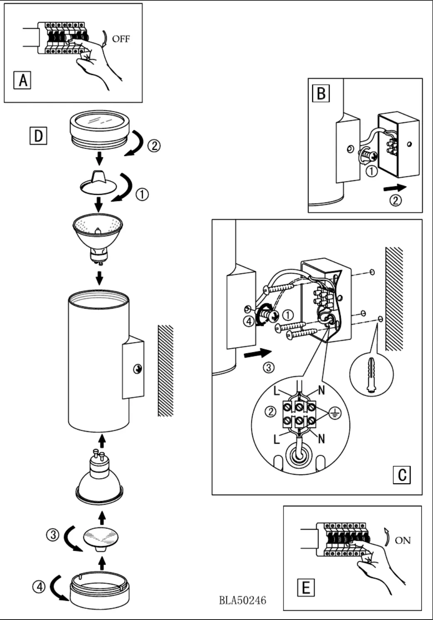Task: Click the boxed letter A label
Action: click(23, 79)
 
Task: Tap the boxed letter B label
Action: click(321, 93)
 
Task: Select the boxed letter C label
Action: click(402, 475)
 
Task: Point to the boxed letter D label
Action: click(38, 136)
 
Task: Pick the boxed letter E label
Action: click(306, 588)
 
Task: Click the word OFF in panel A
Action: click(121, 39)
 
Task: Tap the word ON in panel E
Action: click(403, 541)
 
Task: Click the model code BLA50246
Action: click(243, 600)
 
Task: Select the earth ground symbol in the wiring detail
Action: click(335, 413)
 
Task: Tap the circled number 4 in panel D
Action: click(39, 587)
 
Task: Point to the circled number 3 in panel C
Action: click(269, 368)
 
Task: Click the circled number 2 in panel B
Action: click(395, 201)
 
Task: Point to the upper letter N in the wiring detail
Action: click(321, 390)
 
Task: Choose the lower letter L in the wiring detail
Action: click(277, 439)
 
